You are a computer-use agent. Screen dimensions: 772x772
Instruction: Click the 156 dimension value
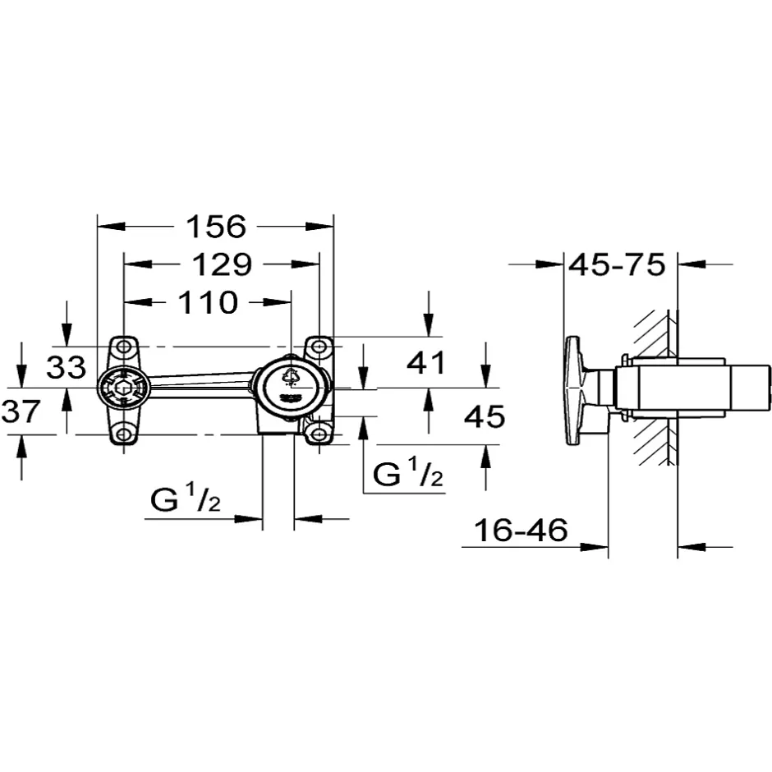click(x=216, y=227)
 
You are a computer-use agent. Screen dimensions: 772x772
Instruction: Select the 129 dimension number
click(x=222, y=264)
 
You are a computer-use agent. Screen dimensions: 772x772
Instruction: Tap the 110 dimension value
click(x=208, y=302)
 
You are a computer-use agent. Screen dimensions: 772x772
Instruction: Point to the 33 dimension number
click(x=66, y=367)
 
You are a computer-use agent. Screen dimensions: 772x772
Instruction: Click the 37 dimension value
click(x=21, y=411)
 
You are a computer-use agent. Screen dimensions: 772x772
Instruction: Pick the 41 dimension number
click(x=426, y=363)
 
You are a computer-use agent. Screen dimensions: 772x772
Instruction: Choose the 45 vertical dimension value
click(x=485, y=416)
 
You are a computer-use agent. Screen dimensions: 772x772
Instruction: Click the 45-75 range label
click(x=617, y=265)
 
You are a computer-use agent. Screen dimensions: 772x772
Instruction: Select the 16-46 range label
click(x=521, y=531)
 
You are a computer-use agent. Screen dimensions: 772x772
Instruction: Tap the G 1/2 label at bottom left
click(x=185, y=499)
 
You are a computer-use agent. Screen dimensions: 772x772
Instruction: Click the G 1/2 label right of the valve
click(x=408, y=473)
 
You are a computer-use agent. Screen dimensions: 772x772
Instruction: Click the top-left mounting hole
click(x=123, y=347)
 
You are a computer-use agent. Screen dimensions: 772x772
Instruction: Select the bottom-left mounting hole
click(x=123, y=434)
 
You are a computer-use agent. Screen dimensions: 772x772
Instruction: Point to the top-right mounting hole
click(x=319, y=347)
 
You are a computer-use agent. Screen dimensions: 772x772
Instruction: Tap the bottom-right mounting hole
click(x=319, y=434)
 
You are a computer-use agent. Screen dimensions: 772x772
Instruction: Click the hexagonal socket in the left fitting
click(x=123, y=388)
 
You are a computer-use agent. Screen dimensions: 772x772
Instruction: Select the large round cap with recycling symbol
click(x=292, y=388)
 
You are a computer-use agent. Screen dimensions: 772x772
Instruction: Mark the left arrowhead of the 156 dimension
click(x=111, y=227)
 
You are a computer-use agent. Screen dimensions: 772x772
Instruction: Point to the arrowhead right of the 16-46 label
click(x=595, y=546)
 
